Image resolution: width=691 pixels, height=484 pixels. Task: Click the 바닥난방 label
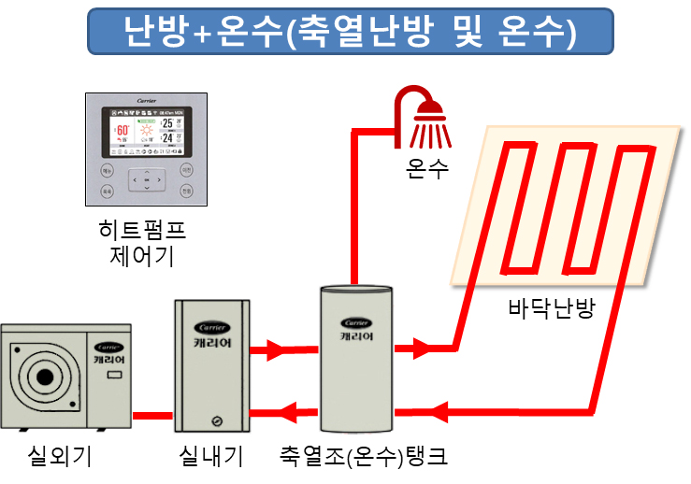(x=551, y=308)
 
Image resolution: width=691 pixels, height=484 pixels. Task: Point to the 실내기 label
(x=211, y=457)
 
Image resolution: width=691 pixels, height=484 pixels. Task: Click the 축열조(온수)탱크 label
(x=363, y=457)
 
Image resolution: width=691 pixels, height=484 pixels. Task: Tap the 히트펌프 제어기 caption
(x=148, y=242)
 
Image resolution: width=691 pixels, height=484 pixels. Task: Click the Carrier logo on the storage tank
(x=355, y=323)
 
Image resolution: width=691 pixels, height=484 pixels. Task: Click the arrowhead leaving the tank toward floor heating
(x=422, y=349)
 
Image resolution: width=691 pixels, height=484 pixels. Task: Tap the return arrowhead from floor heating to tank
(x=437, y=411)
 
